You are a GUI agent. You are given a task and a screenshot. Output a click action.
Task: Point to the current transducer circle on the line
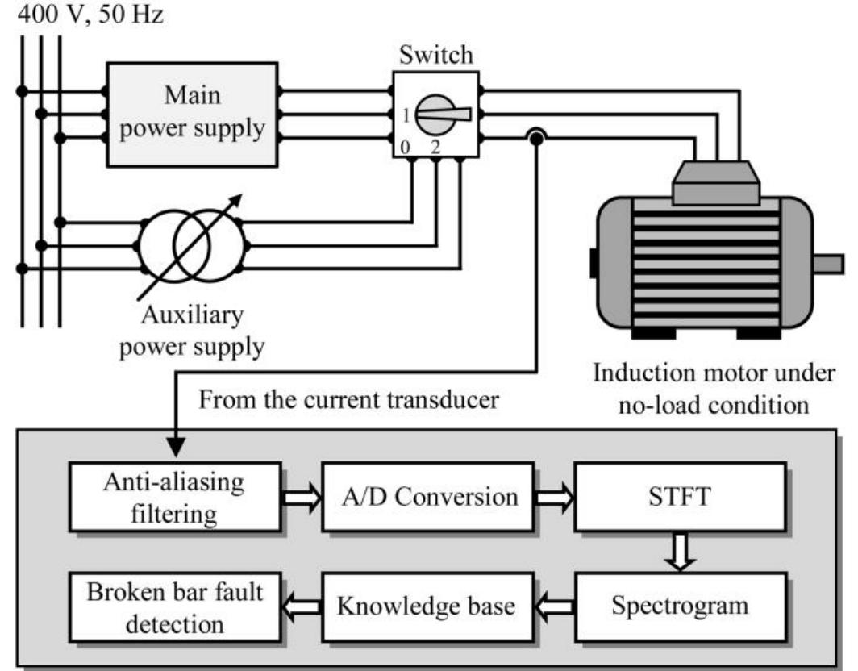coord(535,140)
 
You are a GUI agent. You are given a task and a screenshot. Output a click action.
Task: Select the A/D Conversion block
coord(427,496)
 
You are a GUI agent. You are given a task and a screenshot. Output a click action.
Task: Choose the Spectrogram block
coord(680,606)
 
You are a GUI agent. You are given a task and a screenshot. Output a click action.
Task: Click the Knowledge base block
coord(427,606)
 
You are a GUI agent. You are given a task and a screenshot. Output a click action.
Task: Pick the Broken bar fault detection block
coord(175,606)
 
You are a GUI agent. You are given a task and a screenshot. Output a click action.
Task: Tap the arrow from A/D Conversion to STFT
coord(554,497)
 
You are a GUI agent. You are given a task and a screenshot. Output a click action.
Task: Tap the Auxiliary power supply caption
coord(191,331)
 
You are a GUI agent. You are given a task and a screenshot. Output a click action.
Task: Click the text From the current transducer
coord(350,401)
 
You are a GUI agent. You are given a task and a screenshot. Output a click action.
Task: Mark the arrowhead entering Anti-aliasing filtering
coord(175,447)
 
